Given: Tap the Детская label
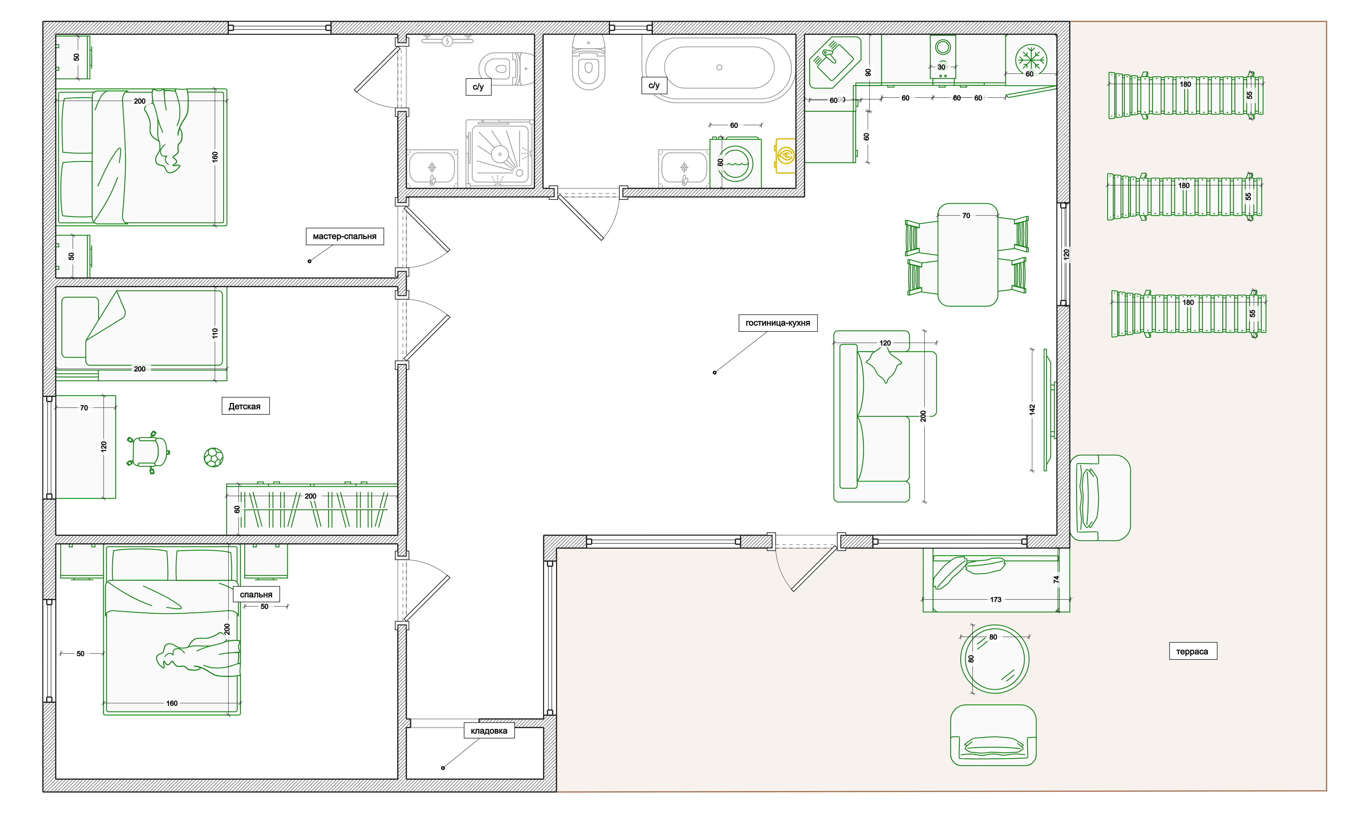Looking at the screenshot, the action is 245,406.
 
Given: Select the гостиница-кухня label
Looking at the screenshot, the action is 777,323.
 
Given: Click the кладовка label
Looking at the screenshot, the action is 489,731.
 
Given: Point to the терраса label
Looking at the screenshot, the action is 1193,651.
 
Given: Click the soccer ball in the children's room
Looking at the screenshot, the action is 213,457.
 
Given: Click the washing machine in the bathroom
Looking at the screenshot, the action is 735,163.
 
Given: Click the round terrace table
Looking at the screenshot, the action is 995,659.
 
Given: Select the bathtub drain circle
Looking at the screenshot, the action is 719,67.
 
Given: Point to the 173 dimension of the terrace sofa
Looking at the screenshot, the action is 996,599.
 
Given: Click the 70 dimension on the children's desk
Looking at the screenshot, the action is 84,408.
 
